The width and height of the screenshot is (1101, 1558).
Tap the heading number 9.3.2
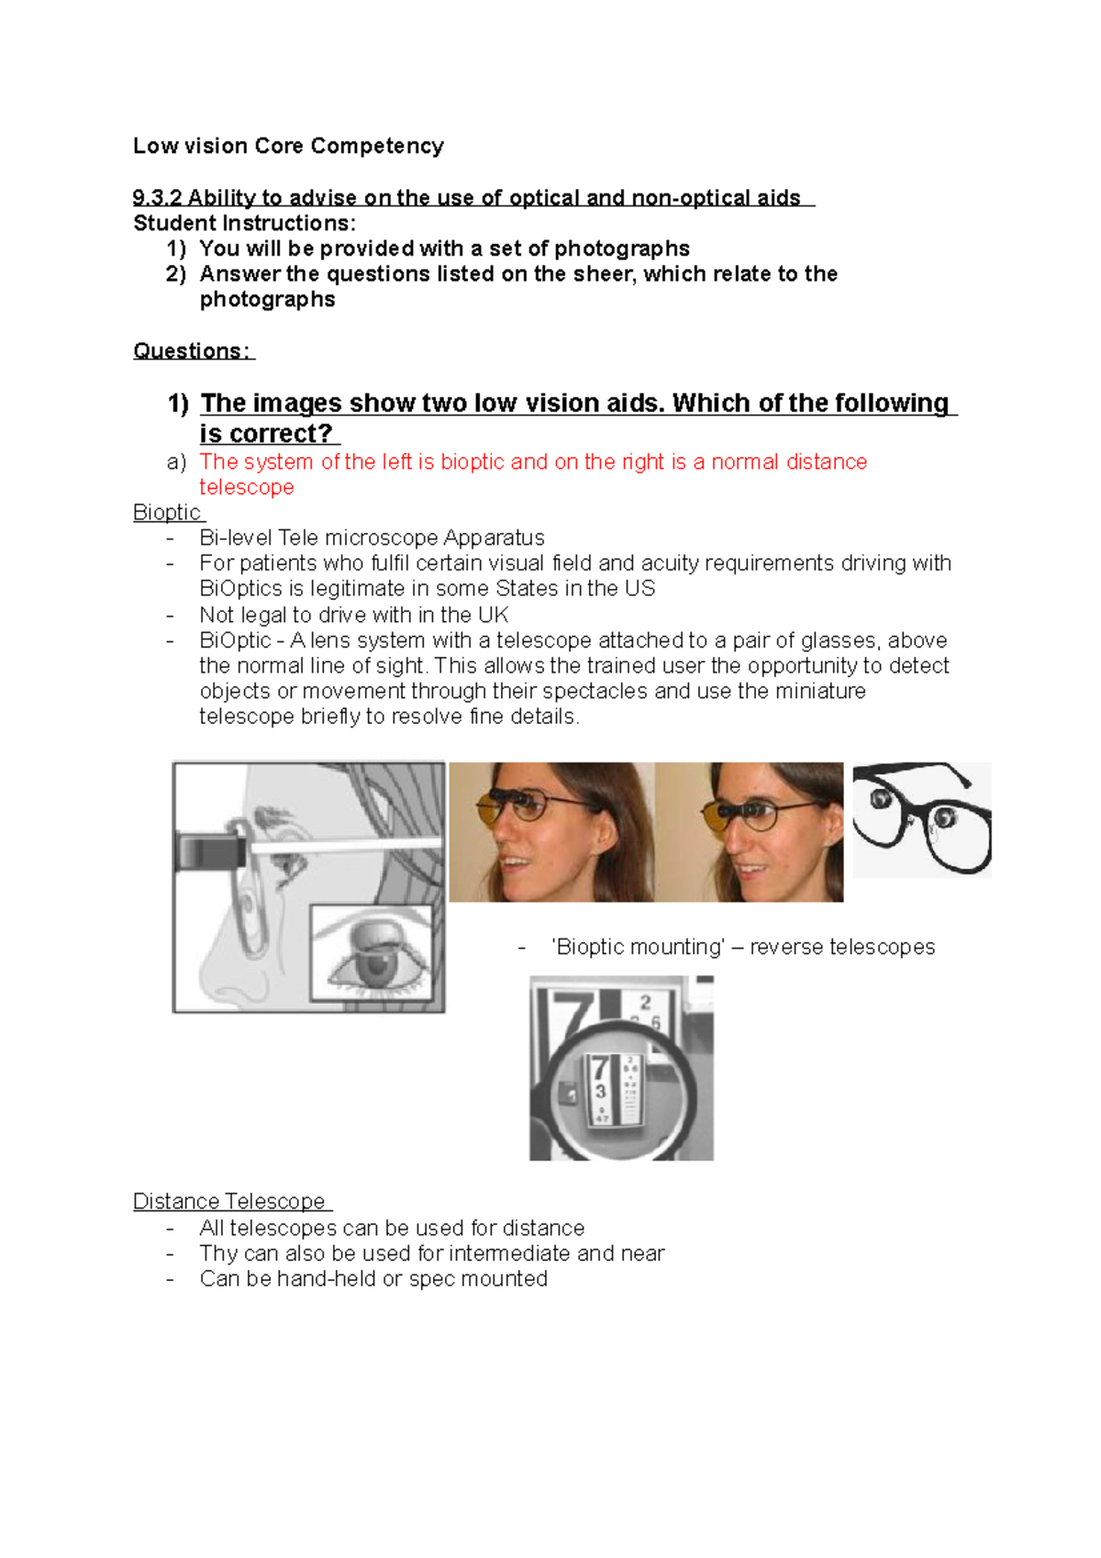157,198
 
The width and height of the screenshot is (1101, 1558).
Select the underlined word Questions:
192,351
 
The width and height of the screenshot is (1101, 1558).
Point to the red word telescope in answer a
246,487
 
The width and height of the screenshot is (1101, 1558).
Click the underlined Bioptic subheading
167,512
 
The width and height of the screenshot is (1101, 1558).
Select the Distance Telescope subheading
229,1201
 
